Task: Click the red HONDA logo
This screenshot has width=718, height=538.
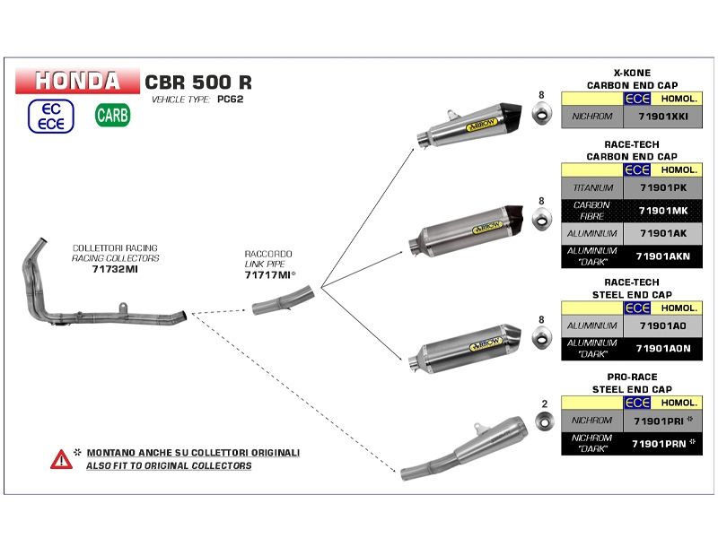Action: pyautogui.click(x=77, y=81)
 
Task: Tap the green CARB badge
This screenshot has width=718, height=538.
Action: pyautogui.click(x=112, y=115)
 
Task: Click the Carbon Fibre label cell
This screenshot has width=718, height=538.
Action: pyautogui.click(x=591, y=211)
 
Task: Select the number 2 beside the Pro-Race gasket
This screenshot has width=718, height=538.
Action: pyautogui.click(x=544, y=404)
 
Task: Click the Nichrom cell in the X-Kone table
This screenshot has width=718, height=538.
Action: pyautogui.click(x=591, y=117)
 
